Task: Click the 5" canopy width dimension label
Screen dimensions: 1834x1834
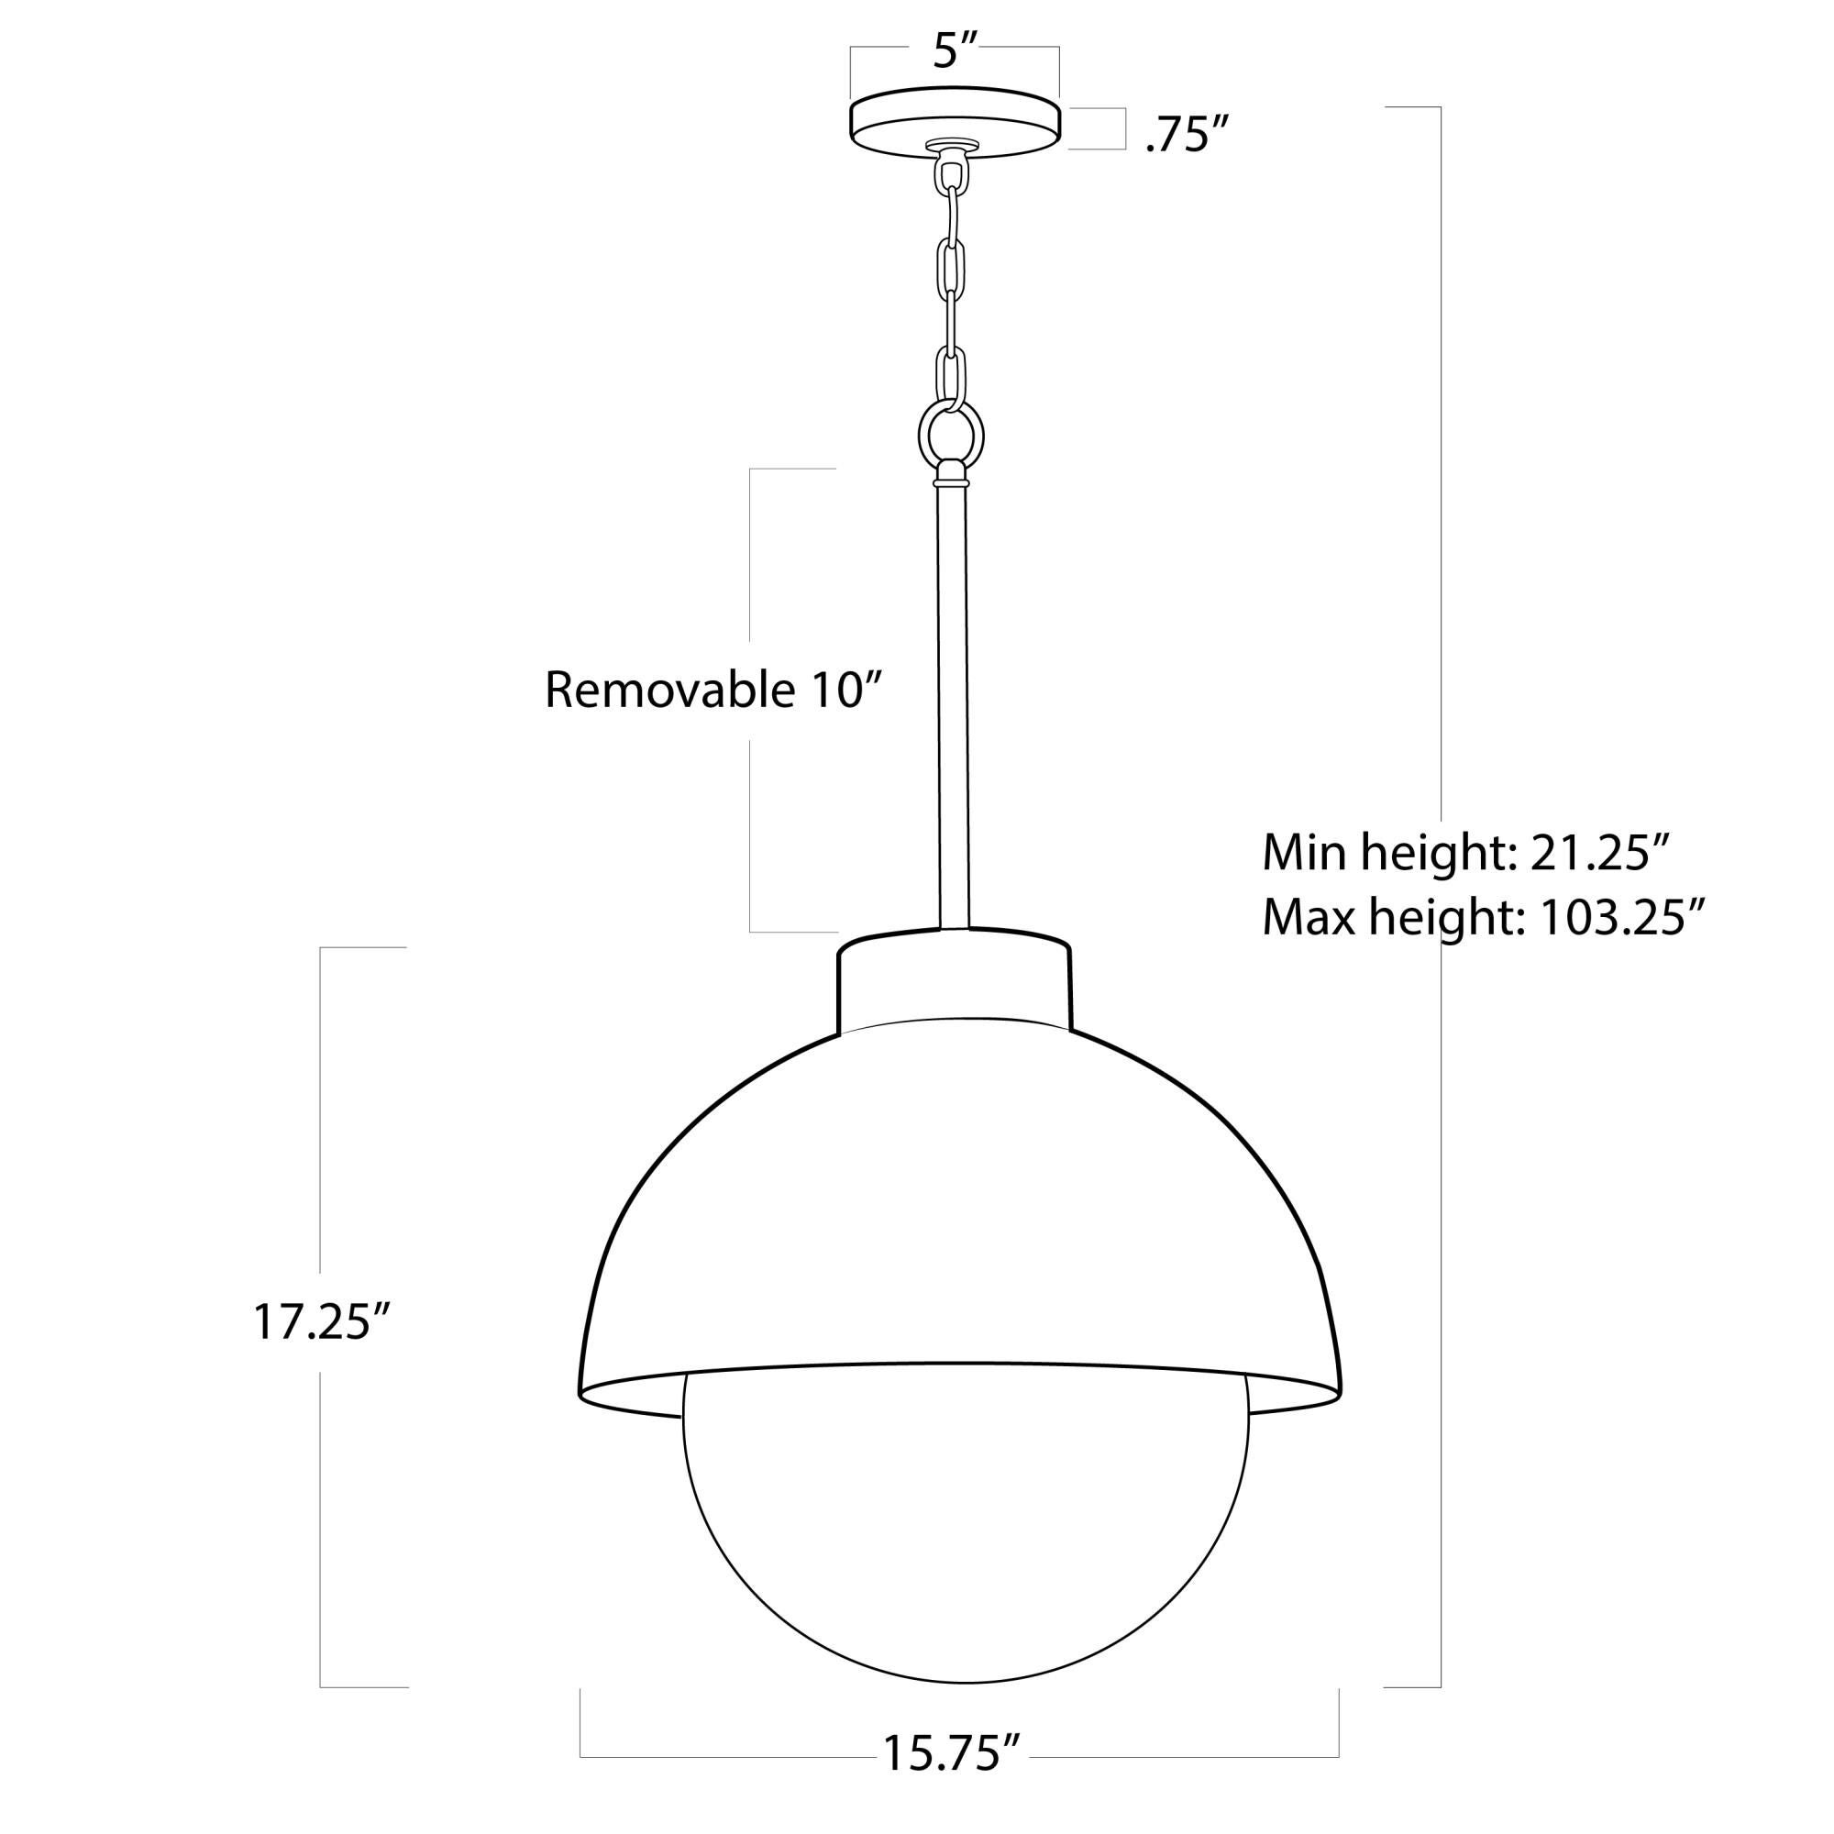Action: tap(954, 50)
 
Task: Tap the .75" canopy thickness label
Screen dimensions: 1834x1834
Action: tap(1180, 137)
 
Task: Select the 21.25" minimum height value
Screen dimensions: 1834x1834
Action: tap(1600, 855)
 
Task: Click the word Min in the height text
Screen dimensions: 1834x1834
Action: tap(1305, 855)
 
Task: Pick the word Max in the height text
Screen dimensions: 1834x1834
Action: tap(1309, 918)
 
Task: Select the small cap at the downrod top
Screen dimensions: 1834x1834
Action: tap(952, 473)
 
